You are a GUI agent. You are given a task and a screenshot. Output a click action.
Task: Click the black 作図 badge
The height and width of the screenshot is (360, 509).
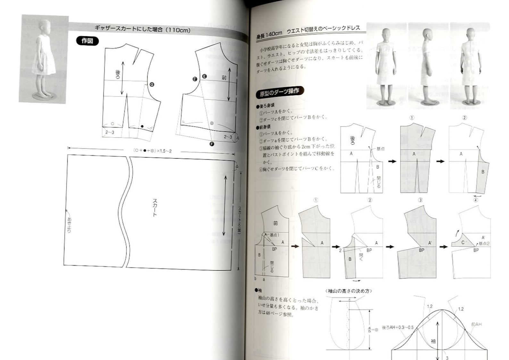coord(87,41)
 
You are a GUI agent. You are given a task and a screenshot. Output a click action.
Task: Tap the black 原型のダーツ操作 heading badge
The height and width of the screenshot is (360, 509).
coord(280,92)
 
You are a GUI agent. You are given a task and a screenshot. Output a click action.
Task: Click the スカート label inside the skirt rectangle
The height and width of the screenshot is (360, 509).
coord(155,208)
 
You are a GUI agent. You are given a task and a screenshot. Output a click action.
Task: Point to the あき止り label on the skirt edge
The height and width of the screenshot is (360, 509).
coord(69,225)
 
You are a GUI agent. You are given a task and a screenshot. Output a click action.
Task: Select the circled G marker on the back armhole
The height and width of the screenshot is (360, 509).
coord(152,85)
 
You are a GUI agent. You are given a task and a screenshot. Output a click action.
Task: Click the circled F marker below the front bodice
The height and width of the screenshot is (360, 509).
coord(212,144)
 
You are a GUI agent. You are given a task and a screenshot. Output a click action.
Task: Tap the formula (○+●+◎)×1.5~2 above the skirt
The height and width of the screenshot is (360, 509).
coord(153,151)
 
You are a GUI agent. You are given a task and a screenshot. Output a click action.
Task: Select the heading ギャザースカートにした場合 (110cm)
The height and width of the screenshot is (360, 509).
coord(142,30)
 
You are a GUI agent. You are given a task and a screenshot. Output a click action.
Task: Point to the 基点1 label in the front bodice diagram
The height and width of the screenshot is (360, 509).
coord(274,235)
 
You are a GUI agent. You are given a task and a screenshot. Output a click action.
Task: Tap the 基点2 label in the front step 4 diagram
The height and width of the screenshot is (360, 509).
coord(484,244)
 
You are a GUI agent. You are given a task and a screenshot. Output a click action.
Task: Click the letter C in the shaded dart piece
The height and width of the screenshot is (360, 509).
coord(463,242)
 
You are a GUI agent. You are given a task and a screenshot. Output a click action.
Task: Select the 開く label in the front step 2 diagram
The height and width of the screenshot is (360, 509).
coord(361,255)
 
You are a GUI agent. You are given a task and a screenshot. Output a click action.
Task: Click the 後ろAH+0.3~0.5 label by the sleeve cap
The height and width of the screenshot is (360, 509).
coord(397,328)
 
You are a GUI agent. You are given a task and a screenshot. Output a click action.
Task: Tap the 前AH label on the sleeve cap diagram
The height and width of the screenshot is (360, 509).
coord(476,324)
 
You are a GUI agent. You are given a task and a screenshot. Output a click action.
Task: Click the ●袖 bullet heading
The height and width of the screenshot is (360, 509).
coord(258,290)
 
